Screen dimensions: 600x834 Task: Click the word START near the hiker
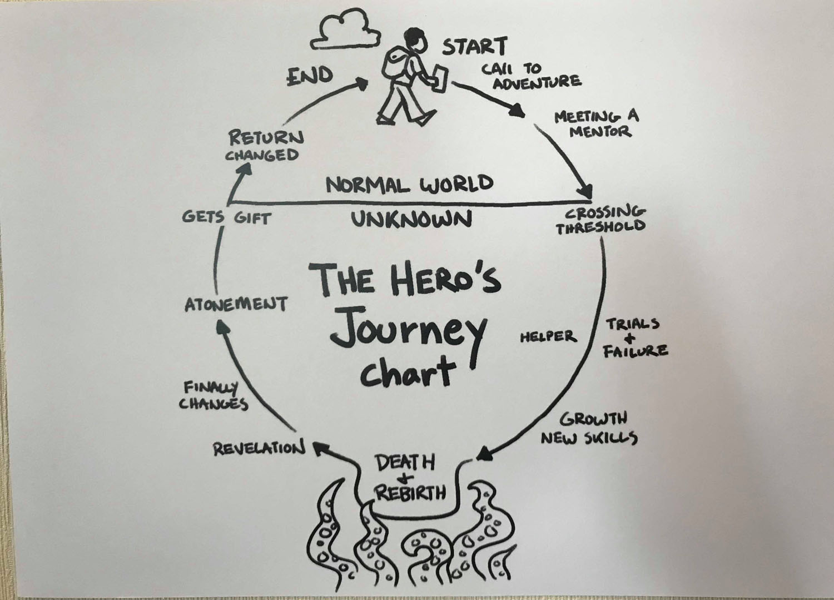pos(474,46)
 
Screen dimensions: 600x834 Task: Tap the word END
pos(310,76)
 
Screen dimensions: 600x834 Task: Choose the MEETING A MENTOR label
pos(595,124)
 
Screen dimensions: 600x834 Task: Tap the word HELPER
pos(548,336)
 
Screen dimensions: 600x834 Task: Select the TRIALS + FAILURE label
pos(635,337)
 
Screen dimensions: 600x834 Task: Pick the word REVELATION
pos(259,448)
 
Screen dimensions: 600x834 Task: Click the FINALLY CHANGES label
pos(214,395)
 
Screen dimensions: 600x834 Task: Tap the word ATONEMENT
pos(236,304)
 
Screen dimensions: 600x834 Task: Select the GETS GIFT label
pos(226,217)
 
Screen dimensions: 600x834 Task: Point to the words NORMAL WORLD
pos(409,184)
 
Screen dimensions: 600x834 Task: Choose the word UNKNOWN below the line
pos(411,220)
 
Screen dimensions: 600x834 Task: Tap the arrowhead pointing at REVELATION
pos(319,447)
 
